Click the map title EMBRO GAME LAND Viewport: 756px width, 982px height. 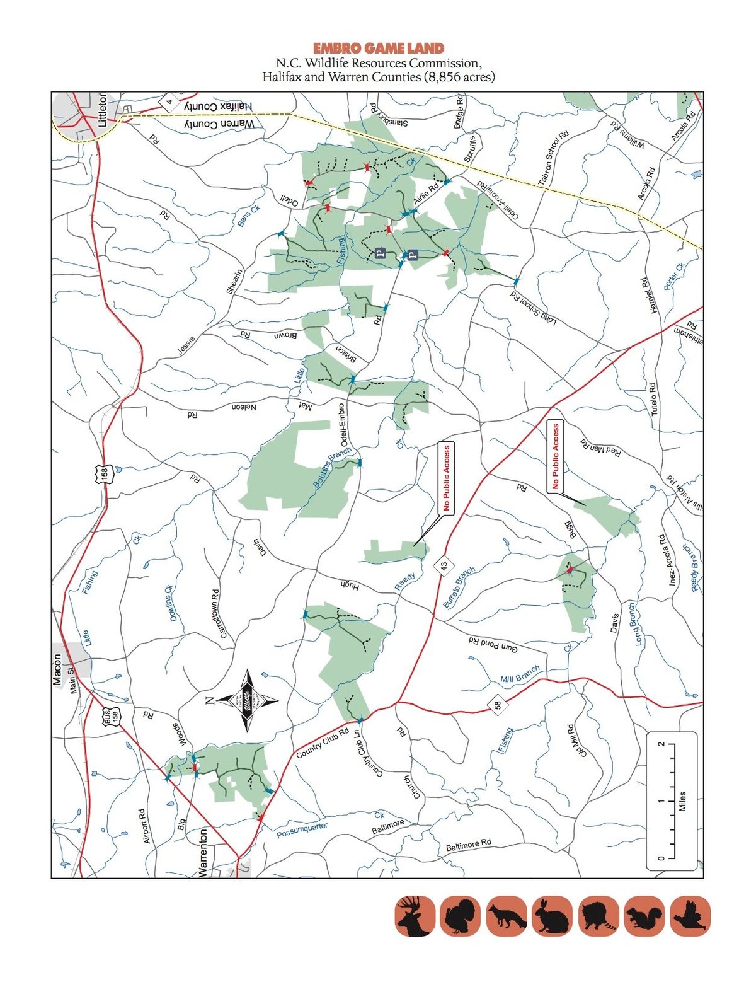[378, 49]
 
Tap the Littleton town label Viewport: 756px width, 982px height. [103, 112]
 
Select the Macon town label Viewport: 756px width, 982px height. [57, 669]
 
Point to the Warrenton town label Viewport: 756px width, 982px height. [203, 853]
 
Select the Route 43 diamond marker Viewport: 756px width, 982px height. [445, 566]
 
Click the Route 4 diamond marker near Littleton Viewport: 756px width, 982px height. [169, 101]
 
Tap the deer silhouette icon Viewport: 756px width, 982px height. [415, 916]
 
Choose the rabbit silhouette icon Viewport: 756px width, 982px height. [553, 916]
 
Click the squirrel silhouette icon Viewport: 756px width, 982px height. [644, 916]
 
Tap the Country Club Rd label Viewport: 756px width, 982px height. [322, 744]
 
